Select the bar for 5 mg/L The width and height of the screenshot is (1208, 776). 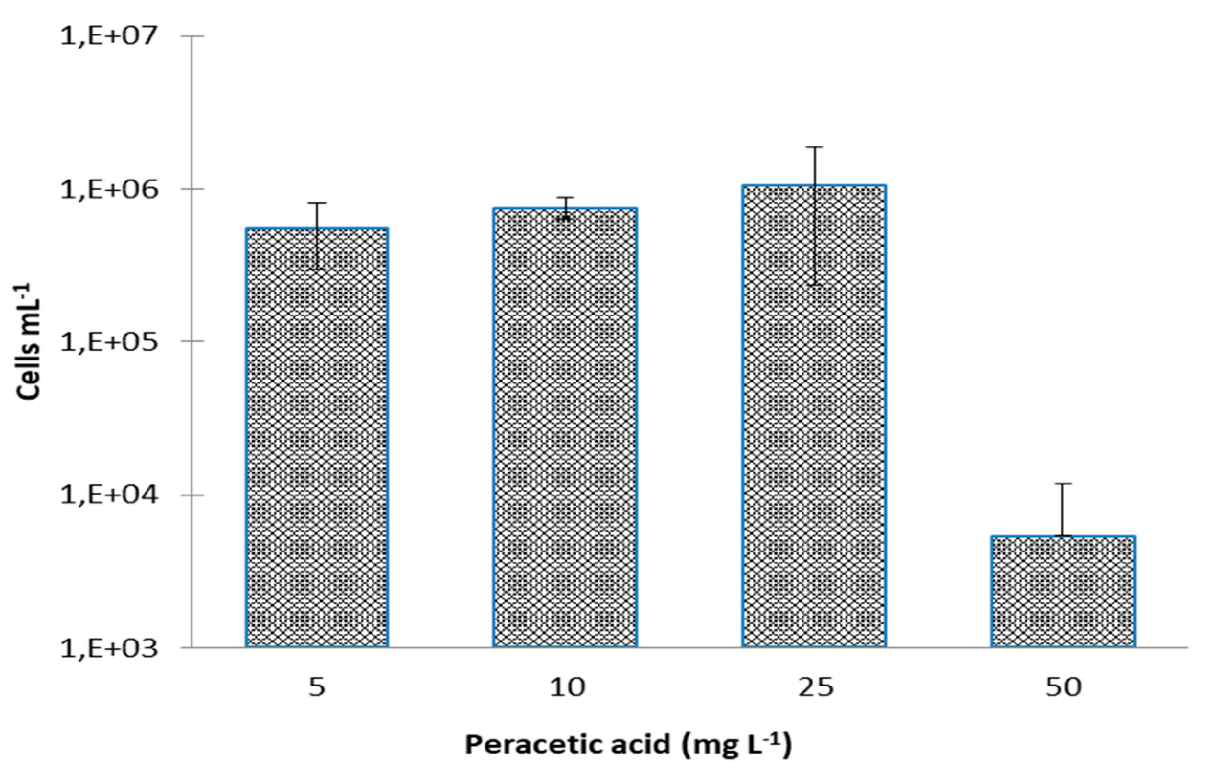tap(317, 439)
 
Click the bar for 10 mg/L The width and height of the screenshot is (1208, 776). tap(565, 428)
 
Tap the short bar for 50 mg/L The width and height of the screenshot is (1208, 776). tap(1063, 592)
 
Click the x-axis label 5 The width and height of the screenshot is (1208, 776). tap(316, 687)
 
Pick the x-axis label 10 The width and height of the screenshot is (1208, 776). tap(566, 687)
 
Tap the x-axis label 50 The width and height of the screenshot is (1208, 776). tap(1063, 687)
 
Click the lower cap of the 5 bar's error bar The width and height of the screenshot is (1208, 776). tap(317, 270)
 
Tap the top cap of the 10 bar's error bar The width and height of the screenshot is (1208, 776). tap(565, 198)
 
